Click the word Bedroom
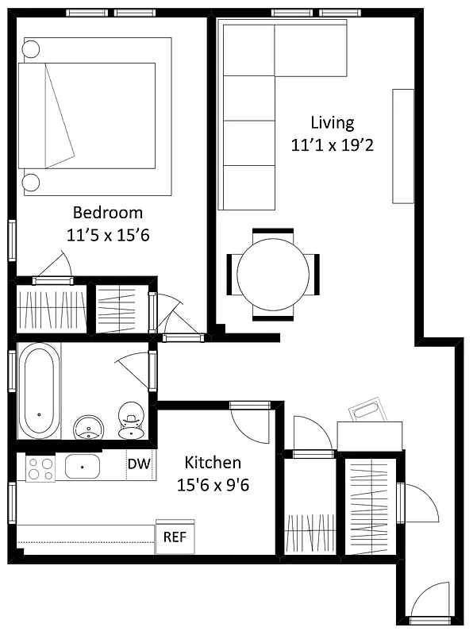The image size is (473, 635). [x=108, y=213]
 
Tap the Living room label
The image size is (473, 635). [x=332, y=123]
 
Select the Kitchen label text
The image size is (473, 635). [x=213, y=463]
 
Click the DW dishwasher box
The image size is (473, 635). [x=139, y=463]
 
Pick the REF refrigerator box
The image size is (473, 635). [x=175, y=537]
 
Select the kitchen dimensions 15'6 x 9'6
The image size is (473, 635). [x=213, y=485]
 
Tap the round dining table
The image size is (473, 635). [x=273, y=274]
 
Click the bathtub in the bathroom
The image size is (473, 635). [x=40, y=390]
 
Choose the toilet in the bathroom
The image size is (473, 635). [x=129, y=421]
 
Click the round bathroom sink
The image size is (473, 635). [x=87, y=427]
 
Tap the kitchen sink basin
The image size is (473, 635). [x=82, y=466]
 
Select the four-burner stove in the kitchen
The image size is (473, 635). [x=40, y=468]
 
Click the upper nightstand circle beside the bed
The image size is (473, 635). [x=31, y=49]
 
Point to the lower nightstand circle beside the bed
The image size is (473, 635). [x=31, y=183]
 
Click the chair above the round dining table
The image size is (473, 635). [x=273, y=233]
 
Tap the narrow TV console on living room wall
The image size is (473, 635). [x=402, y=146]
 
